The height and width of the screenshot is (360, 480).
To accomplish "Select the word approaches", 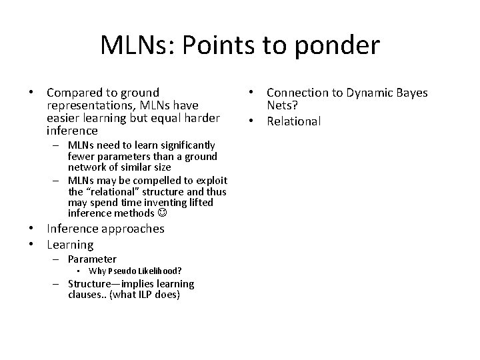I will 131,229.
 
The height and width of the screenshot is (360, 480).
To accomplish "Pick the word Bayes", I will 412,93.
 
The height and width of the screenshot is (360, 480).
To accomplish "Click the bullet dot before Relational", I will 256,121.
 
